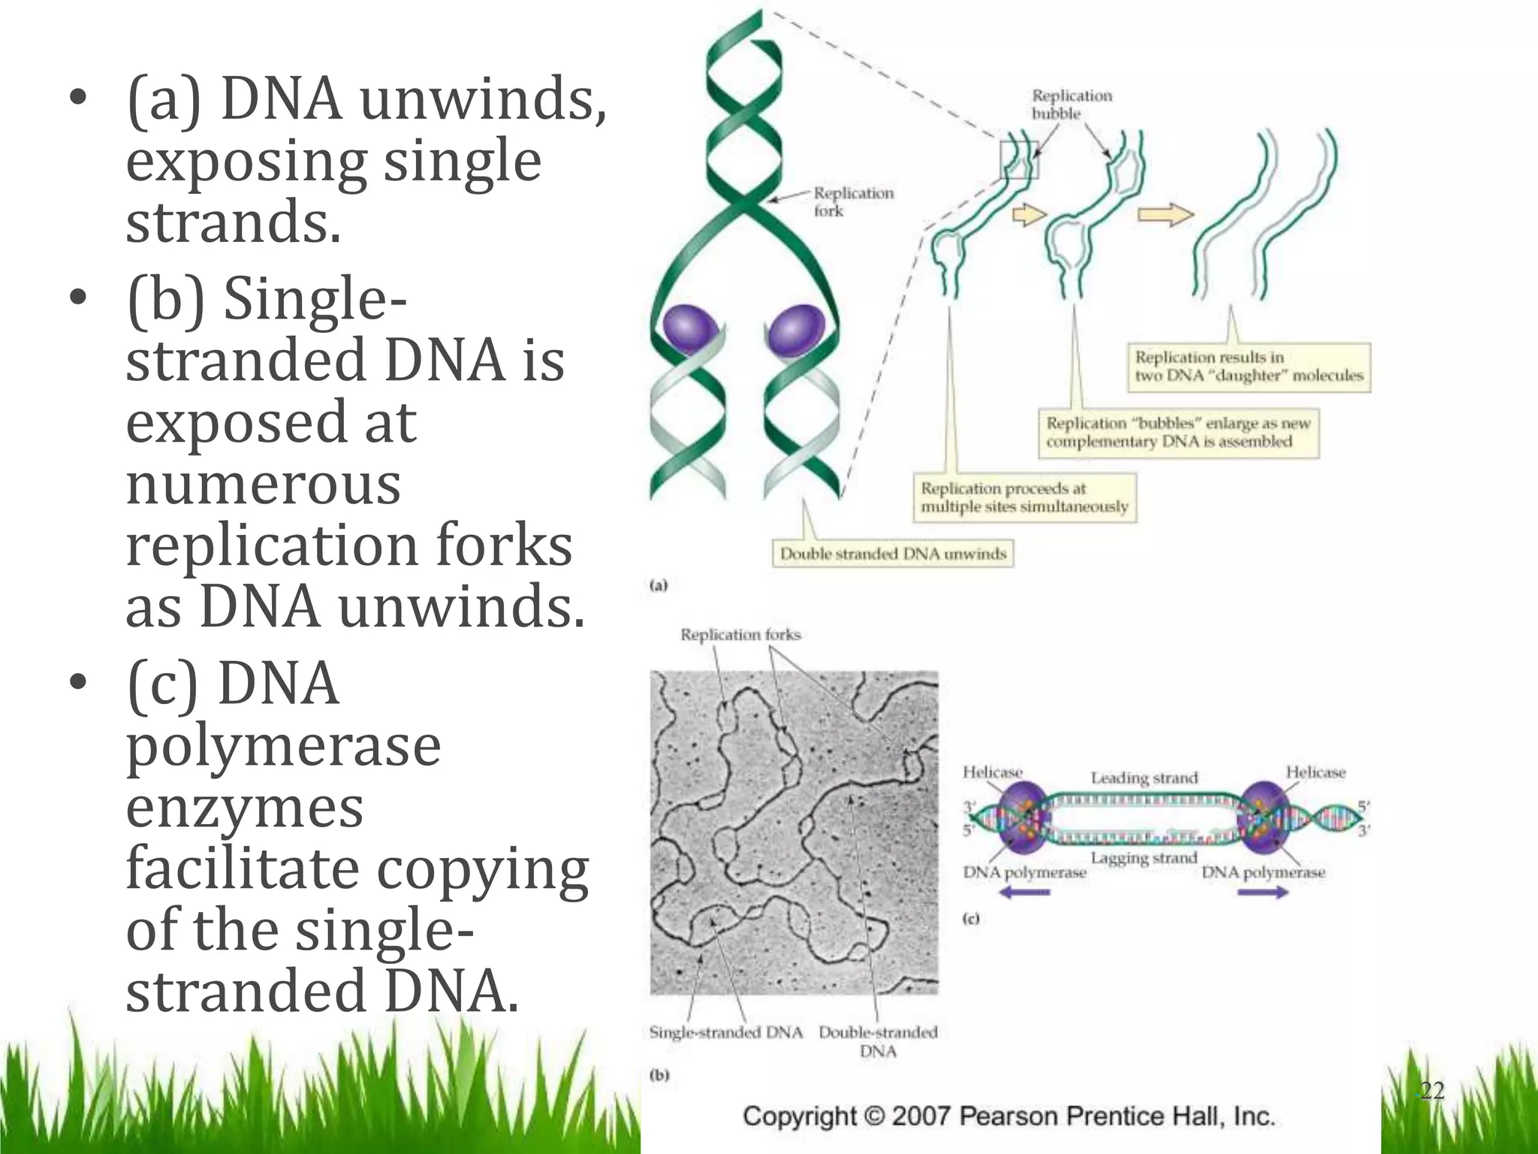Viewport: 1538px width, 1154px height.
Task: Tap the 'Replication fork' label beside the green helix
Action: pos(852,202)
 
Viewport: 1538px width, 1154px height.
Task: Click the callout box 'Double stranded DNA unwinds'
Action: pos(892,554)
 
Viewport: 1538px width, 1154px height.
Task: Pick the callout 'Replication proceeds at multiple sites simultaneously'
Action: pos(1024,497)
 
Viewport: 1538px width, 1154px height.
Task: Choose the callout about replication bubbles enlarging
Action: pos(1178,432)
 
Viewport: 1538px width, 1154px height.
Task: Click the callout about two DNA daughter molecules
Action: pos(1248,367)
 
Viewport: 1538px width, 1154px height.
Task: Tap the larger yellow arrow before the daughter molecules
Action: pos(1165,216)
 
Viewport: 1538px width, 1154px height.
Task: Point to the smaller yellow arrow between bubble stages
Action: pos(1029,215)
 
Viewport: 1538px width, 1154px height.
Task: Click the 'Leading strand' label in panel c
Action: pos(1144,778)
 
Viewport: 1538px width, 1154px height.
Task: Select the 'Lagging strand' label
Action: pos(1143,858)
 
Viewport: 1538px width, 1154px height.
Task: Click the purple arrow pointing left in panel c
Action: pos(1024,893)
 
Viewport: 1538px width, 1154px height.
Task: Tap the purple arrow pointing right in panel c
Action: pos(1263,893)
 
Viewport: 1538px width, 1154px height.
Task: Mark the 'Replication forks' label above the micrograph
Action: pos(740,635)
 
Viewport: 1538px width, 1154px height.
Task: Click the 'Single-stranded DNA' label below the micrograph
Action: pos(725,1032)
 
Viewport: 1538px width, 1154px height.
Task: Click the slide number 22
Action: pos(1431,1090)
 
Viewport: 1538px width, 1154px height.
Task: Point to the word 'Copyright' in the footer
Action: pos(800,1116)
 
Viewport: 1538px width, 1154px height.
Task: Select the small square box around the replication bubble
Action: pos(1019,160)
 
